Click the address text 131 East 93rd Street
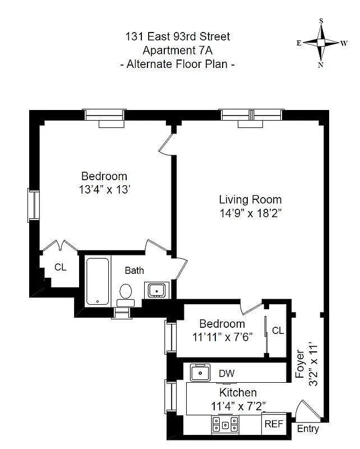tap(177, 37)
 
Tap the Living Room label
tap(250, 200)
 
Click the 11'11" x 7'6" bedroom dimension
tap(222, 337)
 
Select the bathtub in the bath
tap(98, 281)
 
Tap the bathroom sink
tap(155, 290)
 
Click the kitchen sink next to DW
tap(200, 372)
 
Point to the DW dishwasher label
tap(227, 373)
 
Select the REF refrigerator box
tap(274, 424)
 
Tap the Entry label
tap(307, 429)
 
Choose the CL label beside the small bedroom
tap(278, 331)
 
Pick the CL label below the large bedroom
tap(60, 268)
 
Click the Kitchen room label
tap(238, 392)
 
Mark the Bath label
tap(134, 271)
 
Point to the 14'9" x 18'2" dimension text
tap(250, 213)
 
